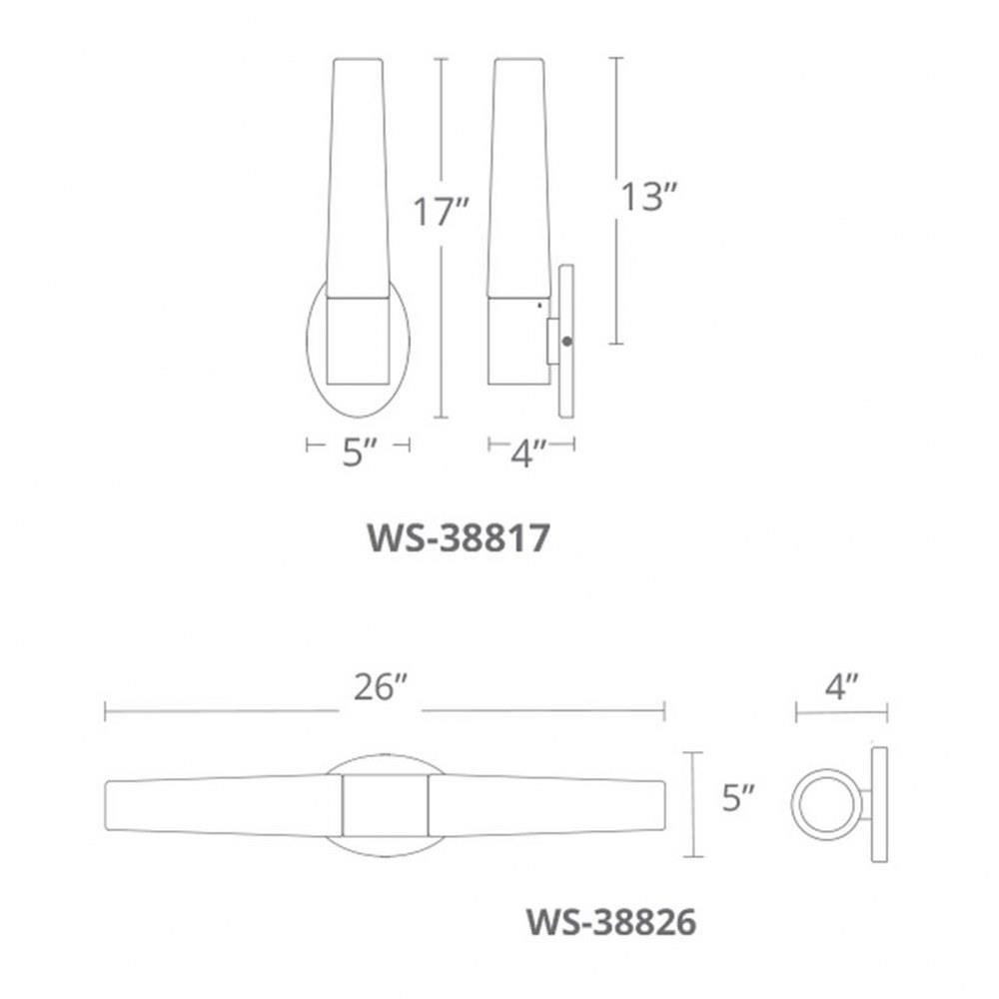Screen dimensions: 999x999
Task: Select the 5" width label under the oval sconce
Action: (x=360, y=453)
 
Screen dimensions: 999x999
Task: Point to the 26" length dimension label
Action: (x=381, y=687)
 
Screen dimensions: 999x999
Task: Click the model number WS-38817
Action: (x=459, y=537)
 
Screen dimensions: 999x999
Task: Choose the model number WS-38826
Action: (x=611, y=921)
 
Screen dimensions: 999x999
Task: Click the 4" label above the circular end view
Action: (x=841, y=687)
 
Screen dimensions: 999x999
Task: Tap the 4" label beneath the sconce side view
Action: (x=528, y=454)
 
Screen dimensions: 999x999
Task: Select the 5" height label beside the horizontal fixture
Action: (x=738, y=797)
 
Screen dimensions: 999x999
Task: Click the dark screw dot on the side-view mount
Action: (x=566, y=342)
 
